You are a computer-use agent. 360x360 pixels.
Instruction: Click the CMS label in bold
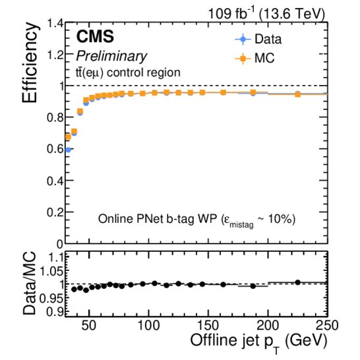point(95,36)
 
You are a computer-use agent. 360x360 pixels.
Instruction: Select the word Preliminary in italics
point(111,56)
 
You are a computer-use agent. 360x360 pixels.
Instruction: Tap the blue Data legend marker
point(243,39)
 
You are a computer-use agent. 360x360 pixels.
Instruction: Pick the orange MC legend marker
point(243,59)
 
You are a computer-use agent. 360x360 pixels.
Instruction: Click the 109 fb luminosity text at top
point(232,13)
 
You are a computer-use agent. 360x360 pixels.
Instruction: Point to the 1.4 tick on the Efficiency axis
point(55,23)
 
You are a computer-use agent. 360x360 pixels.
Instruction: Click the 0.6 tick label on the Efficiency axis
point(55,149)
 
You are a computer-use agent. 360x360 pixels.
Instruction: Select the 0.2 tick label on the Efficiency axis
point(55,212)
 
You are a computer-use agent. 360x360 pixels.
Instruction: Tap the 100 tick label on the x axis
point(148,326)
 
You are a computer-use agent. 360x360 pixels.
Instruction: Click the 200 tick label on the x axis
point(268,326)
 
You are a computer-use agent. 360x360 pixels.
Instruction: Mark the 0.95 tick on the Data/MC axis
point(51,299)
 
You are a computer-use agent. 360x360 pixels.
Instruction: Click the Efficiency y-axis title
point(30,63)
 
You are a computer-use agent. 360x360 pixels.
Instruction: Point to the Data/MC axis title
point(30,284)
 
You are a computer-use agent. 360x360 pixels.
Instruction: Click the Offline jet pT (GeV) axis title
point(259,342)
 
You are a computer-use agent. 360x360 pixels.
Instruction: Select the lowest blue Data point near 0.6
point(68,150)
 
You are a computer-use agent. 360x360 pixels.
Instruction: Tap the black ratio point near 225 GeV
point(298,282)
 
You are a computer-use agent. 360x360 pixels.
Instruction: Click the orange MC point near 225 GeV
point(298,94)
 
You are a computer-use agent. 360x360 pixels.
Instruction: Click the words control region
point(144,73)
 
